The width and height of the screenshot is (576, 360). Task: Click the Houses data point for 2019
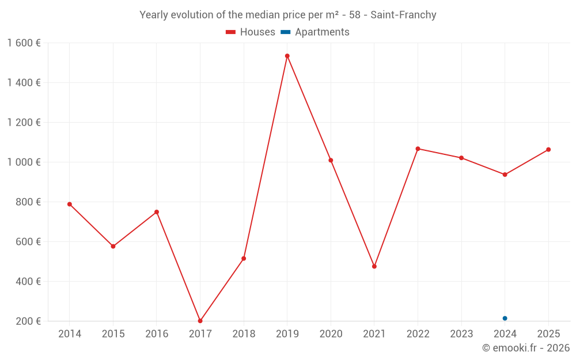click(x=287, y=56)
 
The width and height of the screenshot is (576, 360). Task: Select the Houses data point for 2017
click(x=200, y=321)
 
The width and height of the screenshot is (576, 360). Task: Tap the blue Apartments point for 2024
click(x=505, y=319)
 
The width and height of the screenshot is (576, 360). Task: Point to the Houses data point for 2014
click(x=70, y=204)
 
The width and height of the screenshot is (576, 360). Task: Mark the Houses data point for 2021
click(x=374, y=266)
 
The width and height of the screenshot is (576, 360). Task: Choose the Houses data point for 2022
click(x=418, y=149)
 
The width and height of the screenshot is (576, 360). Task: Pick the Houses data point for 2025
click(x=548, y=150)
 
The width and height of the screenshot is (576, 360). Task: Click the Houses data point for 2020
click(x=331, y=160)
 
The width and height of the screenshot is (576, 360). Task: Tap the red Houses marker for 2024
click(x=505, y=175)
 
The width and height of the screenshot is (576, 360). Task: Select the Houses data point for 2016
click(x=157, y=212)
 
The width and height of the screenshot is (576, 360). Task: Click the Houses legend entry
click(x=251, y=32)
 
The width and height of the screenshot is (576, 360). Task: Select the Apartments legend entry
click(x=315, y=32)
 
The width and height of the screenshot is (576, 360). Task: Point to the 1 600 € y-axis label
click(x=24, y=43)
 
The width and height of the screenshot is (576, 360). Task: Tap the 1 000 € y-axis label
click(x=24, y=162)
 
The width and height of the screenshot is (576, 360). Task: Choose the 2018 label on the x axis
click(x=244, y=334)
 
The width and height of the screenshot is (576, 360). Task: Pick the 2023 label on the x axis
click(x=461, y=334)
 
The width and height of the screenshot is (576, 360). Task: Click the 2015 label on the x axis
click(x=113, y=334)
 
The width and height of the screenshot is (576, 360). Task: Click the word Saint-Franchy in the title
click(x=403, y=15)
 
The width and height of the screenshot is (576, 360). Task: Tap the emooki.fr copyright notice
click(x=525, y=348)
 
